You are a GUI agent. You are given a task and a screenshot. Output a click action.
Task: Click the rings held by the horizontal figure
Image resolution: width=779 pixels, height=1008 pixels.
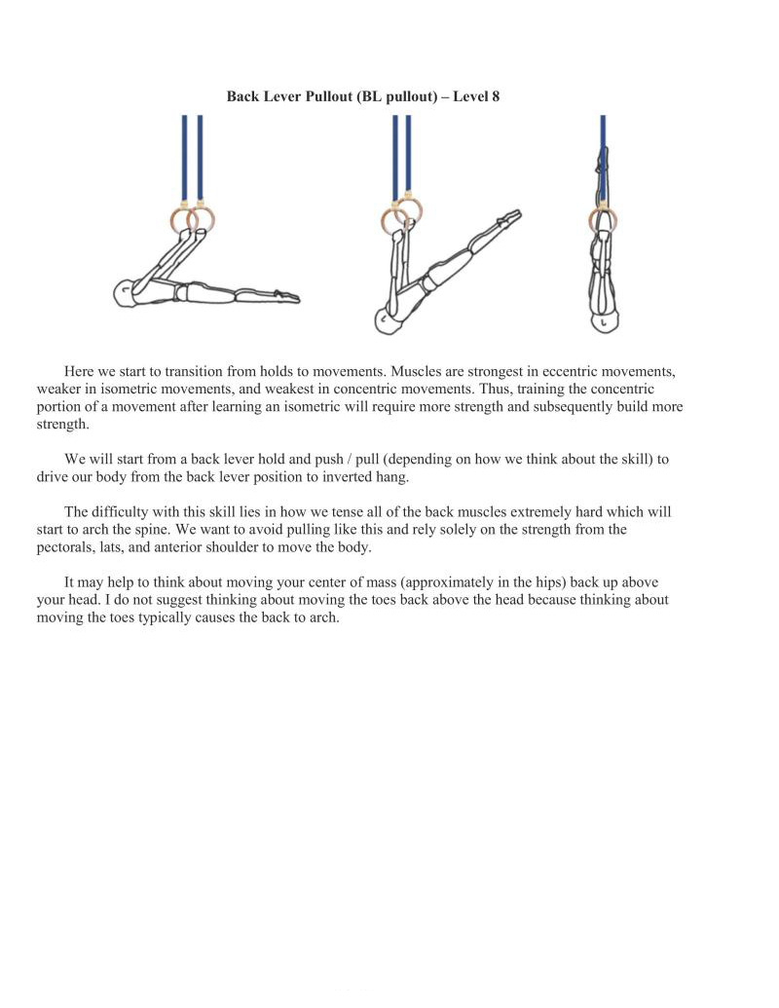click(x=193, y=219)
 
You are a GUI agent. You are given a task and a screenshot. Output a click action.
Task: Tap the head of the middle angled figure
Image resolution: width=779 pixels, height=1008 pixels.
click(x=389, y=320)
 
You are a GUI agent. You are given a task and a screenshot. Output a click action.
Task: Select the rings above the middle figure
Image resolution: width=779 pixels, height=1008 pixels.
click(x=401, y=218)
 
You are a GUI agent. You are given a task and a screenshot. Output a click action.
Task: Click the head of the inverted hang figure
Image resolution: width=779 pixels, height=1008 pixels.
click(x=605, y=320)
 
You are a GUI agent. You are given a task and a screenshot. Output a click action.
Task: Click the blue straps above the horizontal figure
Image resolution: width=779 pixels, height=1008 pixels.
click(x=192, y=156)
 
